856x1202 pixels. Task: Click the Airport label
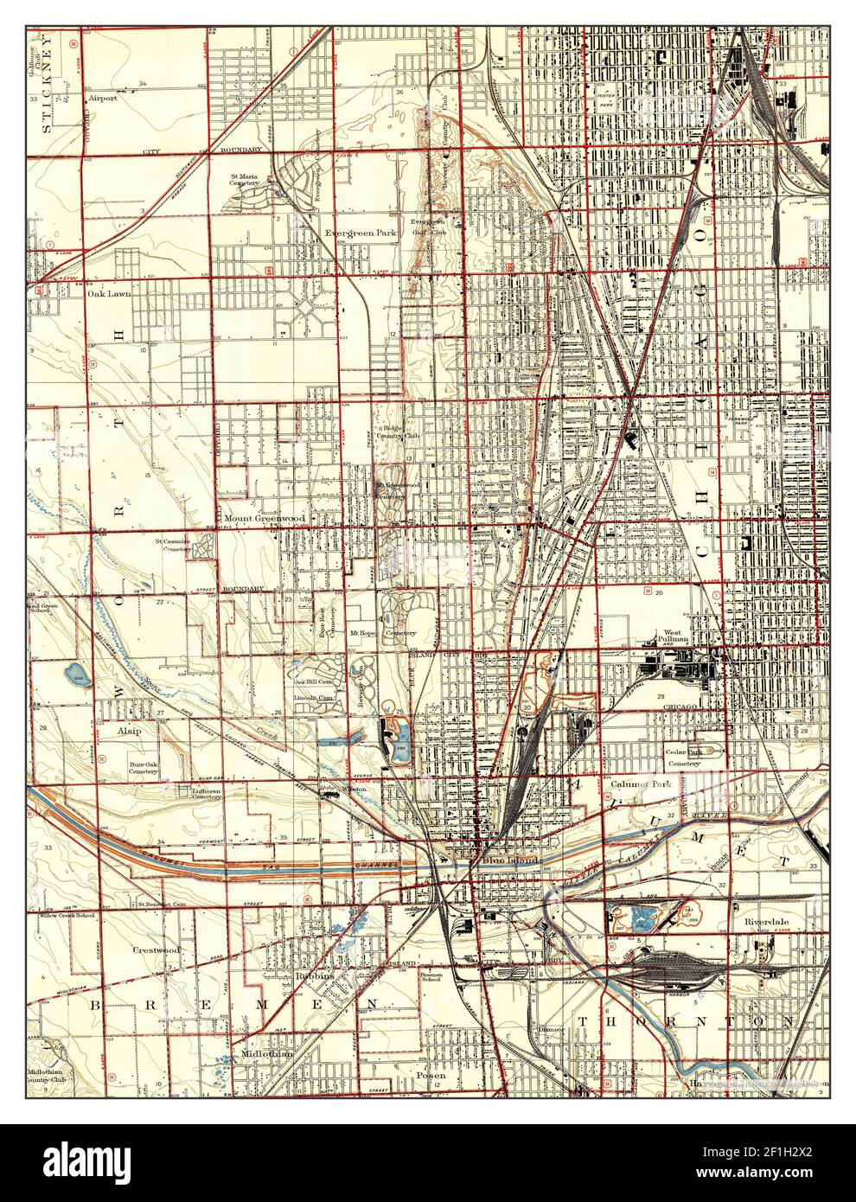[x=102, y=99]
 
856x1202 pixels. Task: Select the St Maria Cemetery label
[x=245, y=180]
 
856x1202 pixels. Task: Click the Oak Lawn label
[x=109, y=294]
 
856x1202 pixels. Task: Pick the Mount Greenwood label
[x=265, y=519]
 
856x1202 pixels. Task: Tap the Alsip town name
[x=130, y=731]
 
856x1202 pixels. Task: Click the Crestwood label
[x=156, y=949]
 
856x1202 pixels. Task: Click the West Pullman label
[x=676, y=636]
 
